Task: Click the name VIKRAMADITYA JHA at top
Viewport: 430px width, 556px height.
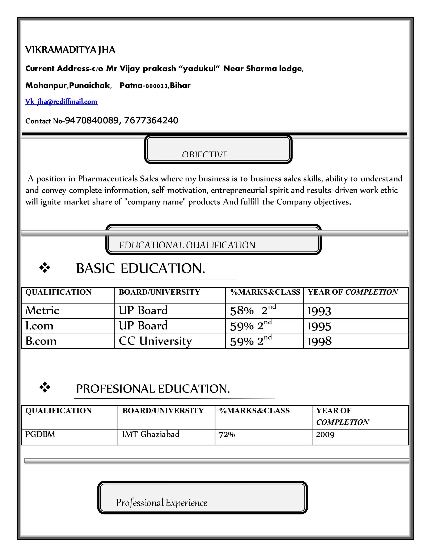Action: pyautogui.click(x=70, y=50)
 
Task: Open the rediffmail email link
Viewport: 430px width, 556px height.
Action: pyautogui.click(x=61, y=102)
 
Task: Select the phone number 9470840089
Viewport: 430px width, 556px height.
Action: pyautogui.click(x=92, y=120)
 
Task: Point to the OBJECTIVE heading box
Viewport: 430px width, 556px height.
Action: pyautogui.click(x=218, y=149)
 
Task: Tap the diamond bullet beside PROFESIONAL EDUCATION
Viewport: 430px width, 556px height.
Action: pyautogui.click(x=45, y=388)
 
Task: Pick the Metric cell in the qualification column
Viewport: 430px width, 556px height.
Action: pyautogui.click(x=42, y=311)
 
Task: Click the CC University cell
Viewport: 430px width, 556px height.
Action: pyautogui.click(x=155, y=341)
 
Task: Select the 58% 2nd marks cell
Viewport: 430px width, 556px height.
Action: pyautogui.click(x=253, y=311)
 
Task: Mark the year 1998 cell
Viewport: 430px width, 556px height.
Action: pyautogui.click(x=319, y=341)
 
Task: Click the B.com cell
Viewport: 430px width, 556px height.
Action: pyautogui.click(x=41, y=341)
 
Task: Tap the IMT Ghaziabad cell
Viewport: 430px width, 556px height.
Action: pyautogui.click(x=151, y=434)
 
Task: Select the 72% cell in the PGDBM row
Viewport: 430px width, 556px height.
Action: pyautogui.click(x=227, y=435)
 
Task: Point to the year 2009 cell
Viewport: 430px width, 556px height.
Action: pyautogui.click(x=325, y=435)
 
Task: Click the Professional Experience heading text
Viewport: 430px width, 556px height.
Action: pyautogui.click(x=161, y=503)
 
